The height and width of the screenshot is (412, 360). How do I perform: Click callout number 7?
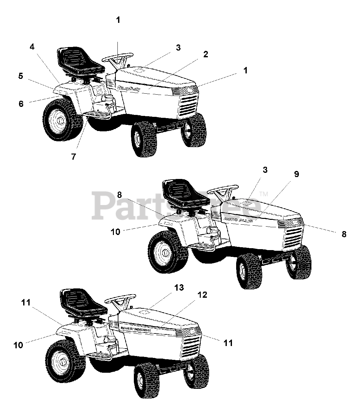pyautogui.click(x=74, y=156)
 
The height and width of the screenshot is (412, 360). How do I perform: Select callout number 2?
pyautogui.click(x=205, y=54)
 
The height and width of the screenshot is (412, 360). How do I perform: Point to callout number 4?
pyautogui.click(x=32, y=47)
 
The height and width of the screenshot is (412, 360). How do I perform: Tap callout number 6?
pyautogui.click(x=21, y=104)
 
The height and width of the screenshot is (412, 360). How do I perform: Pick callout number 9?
pyautogui.click(x=296, y=174)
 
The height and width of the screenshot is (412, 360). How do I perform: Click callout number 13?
pyautogui.click(x=179, y=287)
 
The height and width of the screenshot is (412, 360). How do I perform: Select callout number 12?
pyautogui.click(x=203, y=295)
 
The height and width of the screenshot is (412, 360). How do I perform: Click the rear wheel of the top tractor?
pyautogui.click(x=60, y=119)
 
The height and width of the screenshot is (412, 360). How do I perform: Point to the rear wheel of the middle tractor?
pyautogui.click(x=165, y=252)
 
